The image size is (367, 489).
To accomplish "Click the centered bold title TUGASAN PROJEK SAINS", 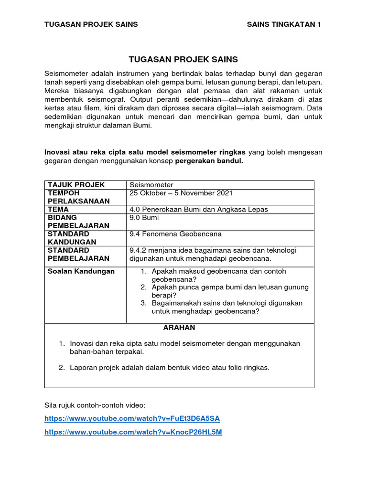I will (183, 60).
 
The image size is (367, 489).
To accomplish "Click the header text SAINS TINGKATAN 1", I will (284, 25).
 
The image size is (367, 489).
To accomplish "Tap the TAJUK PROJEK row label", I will (76, 185).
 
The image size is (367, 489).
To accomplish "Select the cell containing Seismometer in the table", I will (151, 185).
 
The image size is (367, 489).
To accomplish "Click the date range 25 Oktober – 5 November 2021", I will (181, 193).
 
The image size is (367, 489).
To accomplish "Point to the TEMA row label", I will (58, 209).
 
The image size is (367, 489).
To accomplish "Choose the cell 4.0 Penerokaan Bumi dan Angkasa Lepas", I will (199, 209).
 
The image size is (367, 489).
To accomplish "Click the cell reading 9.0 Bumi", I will (144, 218).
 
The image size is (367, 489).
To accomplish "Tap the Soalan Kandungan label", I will (81, 271).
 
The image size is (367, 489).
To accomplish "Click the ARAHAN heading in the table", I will (179, 328).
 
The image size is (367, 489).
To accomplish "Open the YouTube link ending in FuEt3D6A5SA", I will (132, 418).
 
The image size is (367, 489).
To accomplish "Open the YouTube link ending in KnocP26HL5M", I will (133, 432).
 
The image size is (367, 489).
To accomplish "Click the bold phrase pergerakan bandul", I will (209, 161).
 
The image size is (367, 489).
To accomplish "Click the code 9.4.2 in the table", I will (139, 250).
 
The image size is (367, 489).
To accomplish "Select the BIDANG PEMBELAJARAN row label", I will (78, 222).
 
